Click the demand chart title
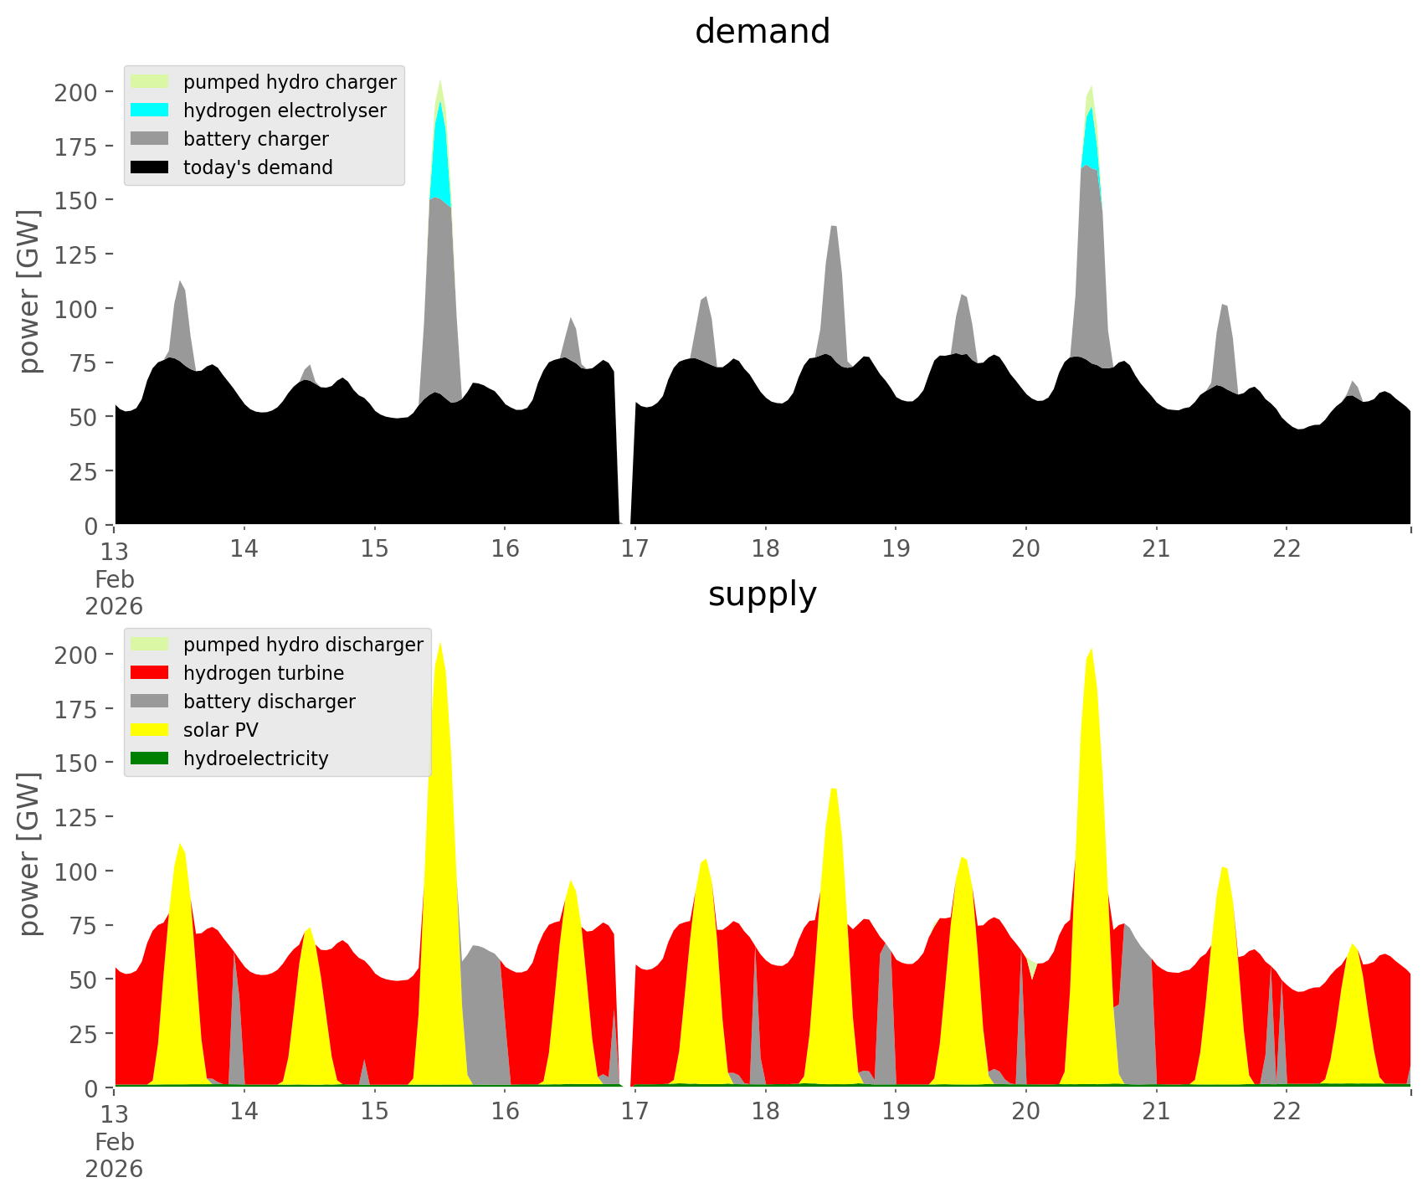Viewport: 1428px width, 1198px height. [x=762, y=32]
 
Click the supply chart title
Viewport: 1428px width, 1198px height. [x=762, y=594]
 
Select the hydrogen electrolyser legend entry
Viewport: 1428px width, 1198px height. [x=285, y=111]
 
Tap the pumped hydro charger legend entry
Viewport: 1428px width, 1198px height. [x=290, y=82]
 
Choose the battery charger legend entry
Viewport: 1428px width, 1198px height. [x=255, y=139]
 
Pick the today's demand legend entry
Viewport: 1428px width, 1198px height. [x=258, y=167]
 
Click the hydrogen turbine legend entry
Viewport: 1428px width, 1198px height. [x=263, y=673]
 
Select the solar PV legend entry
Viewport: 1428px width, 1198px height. [x=220, y=730]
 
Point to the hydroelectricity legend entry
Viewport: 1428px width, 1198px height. [x=255, y=758]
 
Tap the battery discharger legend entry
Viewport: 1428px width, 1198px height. [x=269, y=702]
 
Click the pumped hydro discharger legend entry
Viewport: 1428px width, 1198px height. [x=303, y=645]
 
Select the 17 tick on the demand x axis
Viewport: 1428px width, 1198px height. [x=635, y=549]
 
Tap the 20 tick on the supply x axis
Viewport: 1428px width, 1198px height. [x=1026, y=1112]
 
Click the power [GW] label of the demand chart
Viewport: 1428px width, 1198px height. [x=28, y=291]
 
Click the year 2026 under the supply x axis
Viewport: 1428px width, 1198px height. [x=114, y=1169]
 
